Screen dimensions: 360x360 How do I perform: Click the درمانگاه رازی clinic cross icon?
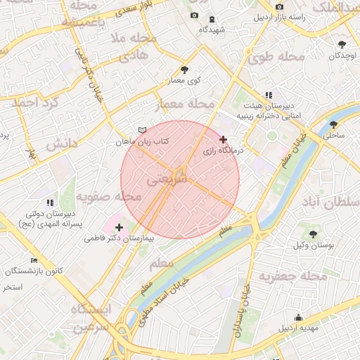pos(224,140)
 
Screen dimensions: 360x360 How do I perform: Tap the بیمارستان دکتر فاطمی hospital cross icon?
pos(119,227)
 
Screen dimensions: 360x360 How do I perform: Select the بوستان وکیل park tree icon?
pos(313,233)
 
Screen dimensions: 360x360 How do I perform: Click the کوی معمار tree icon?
pos(184,70)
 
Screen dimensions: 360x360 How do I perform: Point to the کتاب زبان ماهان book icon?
pos(143,131)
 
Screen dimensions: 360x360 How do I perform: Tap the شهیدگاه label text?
pos(212,30)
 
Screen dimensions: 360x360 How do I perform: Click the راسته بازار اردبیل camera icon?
pos(280,6)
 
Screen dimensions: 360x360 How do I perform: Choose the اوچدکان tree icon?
pos(342,44)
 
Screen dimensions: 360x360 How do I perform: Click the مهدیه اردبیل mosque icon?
pos(300,317)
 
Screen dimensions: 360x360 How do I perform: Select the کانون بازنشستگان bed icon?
pos(34,260)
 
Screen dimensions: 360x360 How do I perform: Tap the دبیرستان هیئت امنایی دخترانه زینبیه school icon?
pos(268,95)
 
